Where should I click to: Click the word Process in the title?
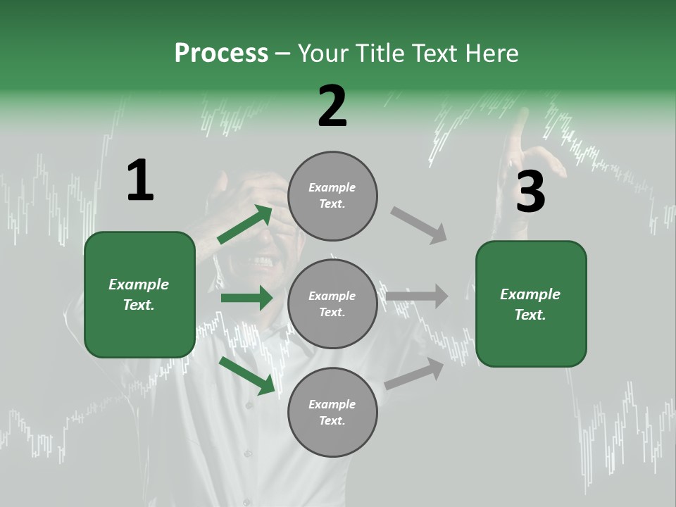(221, 54)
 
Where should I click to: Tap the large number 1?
(140, 181)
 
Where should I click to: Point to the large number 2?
(332, 106)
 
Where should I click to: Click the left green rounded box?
(139, 294)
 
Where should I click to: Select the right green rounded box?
(531, 304)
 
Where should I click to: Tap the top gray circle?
(332, 196)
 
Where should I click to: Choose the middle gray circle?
(332, 304)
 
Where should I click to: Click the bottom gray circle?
(332, 413)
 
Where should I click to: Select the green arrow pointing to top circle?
(245, 224)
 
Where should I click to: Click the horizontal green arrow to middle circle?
(246, 298)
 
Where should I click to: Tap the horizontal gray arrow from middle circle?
(416, 296)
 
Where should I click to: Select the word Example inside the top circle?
(332, 188)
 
